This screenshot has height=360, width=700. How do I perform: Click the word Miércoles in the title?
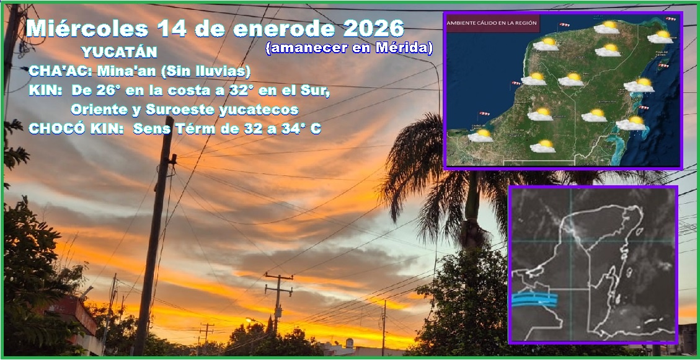pyautogui.click(x=87, y=29)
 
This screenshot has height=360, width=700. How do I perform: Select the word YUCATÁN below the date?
pyautogui.click(x=119, y=52)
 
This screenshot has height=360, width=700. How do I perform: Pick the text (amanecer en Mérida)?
pyautogui.click(x=349, y=48)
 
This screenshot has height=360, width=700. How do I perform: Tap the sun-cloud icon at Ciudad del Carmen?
pyautogui.click(x=481, y=134)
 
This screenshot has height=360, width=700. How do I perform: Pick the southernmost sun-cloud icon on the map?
pyautogui.click(x=543, y=146)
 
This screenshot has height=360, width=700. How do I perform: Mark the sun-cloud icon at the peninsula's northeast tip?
pyautogui.click(x=660, y=37)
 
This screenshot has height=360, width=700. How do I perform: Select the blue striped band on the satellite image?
pyautogui.click(x=534, y=300)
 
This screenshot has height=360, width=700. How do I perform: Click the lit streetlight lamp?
pyautogui.click(x=249, y=320)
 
